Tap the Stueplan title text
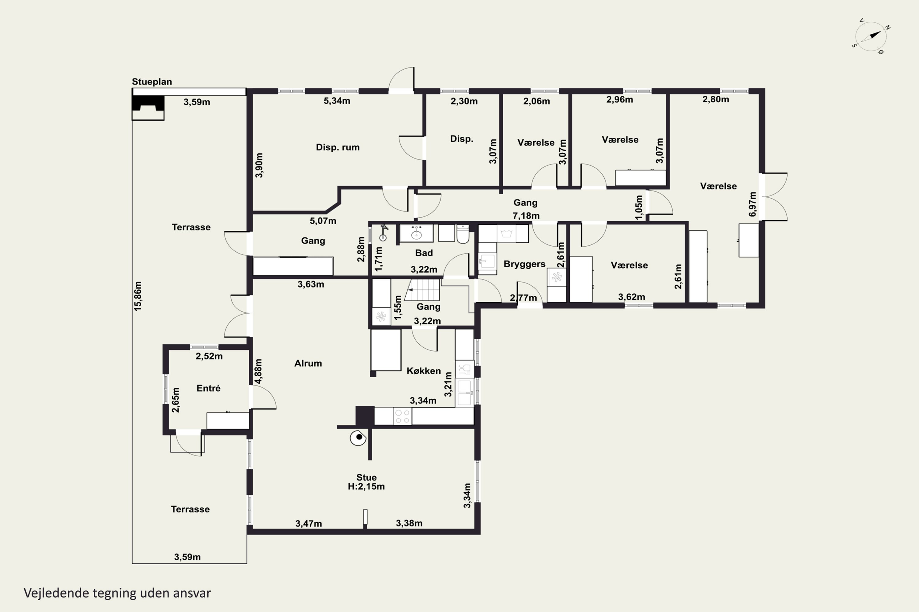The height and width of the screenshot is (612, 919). coord(152,82)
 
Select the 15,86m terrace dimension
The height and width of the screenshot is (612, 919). coord(138,296)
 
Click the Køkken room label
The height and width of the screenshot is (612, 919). coord(424,371)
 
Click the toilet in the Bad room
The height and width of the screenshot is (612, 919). coord(463,233)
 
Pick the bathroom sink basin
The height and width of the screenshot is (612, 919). coord(417,233)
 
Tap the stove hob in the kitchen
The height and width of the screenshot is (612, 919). coord(403,416)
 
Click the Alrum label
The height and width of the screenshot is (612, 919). coord(308,364)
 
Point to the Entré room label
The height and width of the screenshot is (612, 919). coord(208,388)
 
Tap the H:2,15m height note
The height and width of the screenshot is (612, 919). coord(366,486)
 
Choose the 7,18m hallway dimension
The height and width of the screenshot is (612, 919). coord(526,215)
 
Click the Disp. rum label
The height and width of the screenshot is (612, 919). coord(338,147)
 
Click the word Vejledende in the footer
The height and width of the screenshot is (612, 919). coord(57,593)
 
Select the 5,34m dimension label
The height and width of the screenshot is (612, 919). coord(337,101)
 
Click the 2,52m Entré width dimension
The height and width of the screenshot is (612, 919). coord(209,356)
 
